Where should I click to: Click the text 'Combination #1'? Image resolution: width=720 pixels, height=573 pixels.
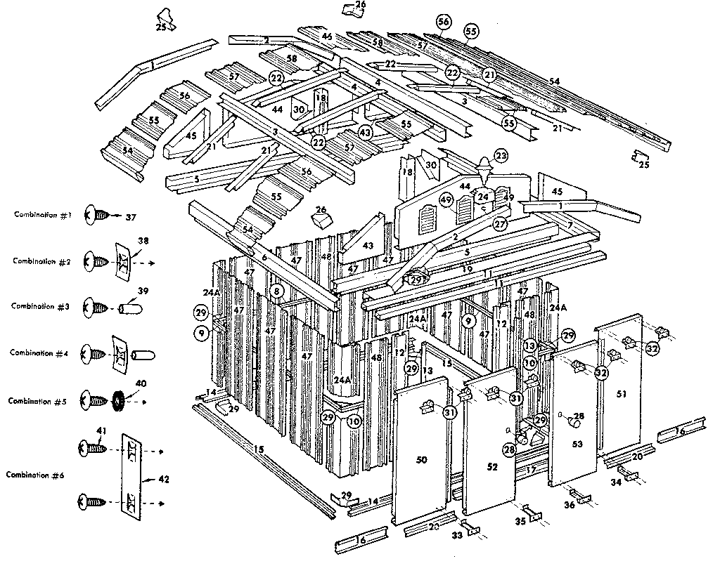pyautogui.click(x=42, y=215)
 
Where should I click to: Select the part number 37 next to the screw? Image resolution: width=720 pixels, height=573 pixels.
pyautogui.click(x=131, y=217)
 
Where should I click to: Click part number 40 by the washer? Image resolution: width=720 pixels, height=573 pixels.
pyautogui.click(x=140, y=383)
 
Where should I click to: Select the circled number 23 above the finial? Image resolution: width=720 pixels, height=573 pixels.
pyautogui.click(x=501, y=155)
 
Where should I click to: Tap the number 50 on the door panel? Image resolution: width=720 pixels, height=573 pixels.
pyautogui.click(x=421, y=459)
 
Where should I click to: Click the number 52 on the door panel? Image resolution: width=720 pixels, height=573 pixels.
pyautogui.click(x=492, y=466)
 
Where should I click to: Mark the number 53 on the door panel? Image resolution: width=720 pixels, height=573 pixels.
pyautogui.click(x=577, y=444)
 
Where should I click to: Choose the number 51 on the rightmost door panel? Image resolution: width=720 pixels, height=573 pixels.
pyautogui.click(x=621, y=395)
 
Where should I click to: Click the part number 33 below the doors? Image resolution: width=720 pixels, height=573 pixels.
pyautogui.click(x=456, y=535)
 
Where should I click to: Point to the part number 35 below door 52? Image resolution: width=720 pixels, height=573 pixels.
pyautogui.click(x=520, y=521)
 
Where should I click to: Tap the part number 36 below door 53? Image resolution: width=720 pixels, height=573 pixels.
pyautogui.click(x=570, y=504)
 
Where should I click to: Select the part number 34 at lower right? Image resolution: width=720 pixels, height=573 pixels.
pyautogui.click(x=616, y=482)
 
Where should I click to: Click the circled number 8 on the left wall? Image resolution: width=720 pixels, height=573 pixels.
pyautogui.click(x=277, y=290)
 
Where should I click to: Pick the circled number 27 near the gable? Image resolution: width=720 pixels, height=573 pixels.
pyautogui.click(x=500, y=224)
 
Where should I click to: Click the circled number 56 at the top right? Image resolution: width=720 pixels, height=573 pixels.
pyautogui.click(x=443, y=22)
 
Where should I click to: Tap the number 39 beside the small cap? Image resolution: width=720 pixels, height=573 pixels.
pyautogui.click(x=143, y=291)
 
